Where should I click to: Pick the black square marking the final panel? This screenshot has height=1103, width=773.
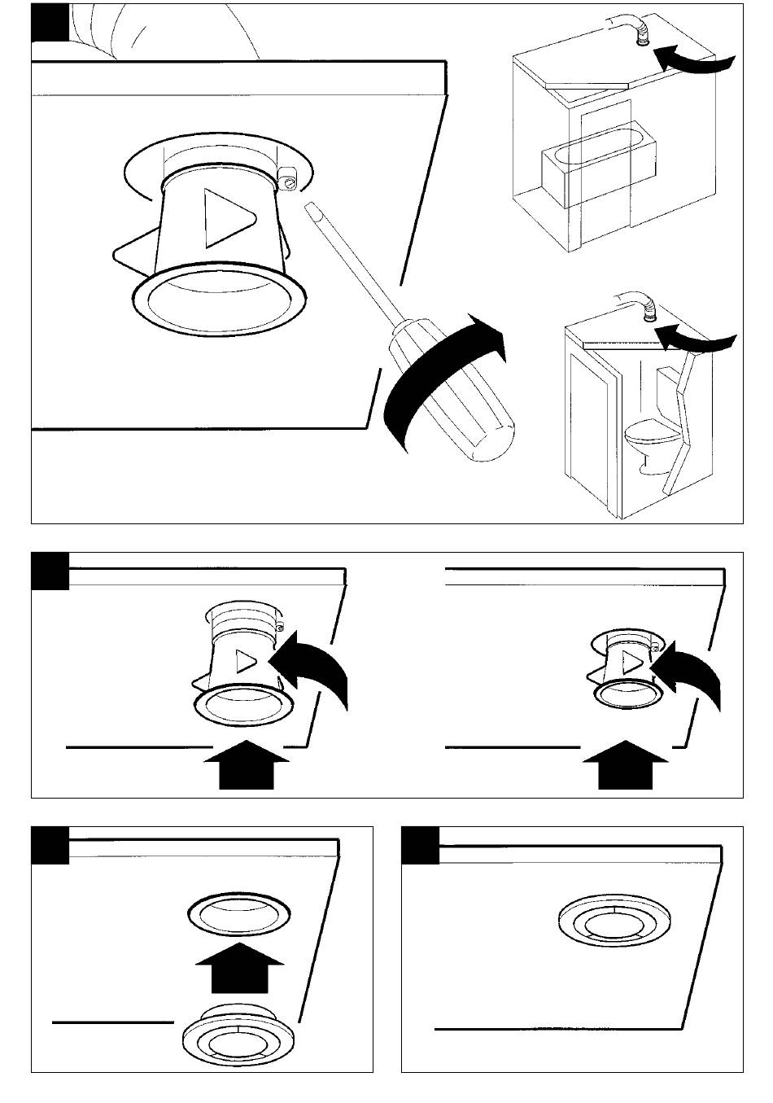click(421, 844)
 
